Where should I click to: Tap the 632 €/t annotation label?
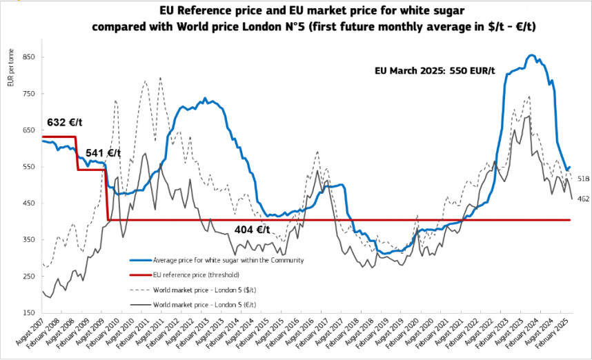coord(66,123)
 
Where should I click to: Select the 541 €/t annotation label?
coord(103,153)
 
